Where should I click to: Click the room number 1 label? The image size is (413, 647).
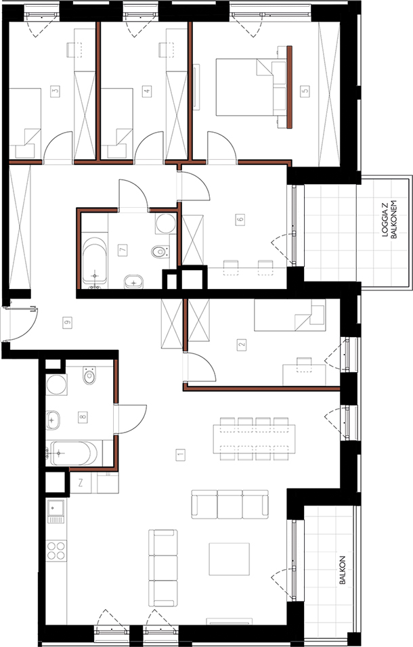(180, 455)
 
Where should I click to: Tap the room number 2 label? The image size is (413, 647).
(242, 344)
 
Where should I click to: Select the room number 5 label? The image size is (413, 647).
(305, 91)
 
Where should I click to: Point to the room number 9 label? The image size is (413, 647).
(67, 323)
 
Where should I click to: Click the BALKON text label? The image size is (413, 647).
(342, 570)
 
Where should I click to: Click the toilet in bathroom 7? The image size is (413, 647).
(160, 251)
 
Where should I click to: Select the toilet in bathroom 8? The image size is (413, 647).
(89, 375)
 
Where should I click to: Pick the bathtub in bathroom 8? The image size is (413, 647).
(73, 453)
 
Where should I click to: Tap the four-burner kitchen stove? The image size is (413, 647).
(56, 550)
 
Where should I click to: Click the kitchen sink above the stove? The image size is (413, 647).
(56, 511)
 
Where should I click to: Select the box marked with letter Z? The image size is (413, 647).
(81, 483)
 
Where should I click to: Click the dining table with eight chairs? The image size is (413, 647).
(254, 439)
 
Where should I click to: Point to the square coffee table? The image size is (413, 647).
(229, 559)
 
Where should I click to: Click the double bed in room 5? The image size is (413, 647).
(251, 87)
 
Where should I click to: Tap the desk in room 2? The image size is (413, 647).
(304, 374)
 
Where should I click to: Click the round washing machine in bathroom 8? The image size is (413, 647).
(56, 384)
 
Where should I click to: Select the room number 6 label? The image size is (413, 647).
(240, 219)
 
